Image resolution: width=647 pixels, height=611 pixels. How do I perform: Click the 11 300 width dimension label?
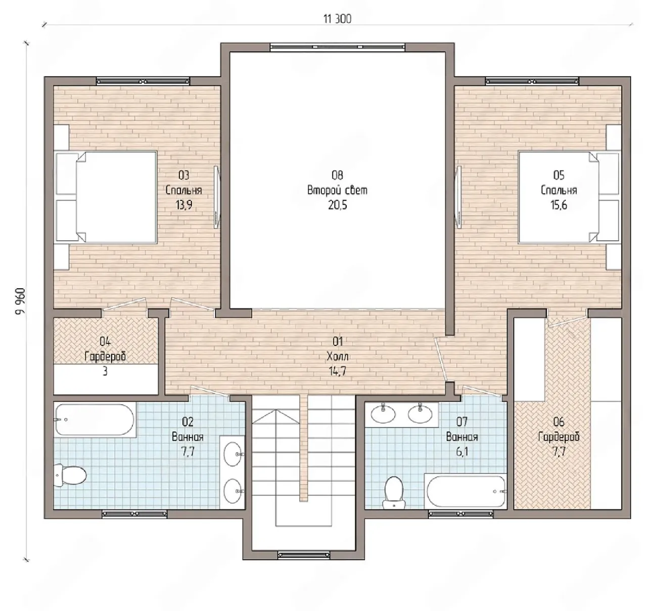[x=337, y=19]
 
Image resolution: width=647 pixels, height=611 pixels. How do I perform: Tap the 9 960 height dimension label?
[x=20, y=301]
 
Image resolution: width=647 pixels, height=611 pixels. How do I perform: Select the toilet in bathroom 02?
[x=70, y=475]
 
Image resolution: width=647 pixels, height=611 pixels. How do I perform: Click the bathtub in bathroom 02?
[x=95, y=420]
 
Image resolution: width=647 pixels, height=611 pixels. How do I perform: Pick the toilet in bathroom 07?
[x=394, y=492]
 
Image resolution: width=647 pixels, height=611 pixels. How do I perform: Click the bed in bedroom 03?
[x=106, y=197]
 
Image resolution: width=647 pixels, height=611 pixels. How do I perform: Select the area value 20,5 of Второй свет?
[x=338, y=205]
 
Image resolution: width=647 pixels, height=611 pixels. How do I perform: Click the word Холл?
[x=338, y=357]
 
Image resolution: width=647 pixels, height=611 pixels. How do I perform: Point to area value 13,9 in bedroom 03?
[x=184, y=205]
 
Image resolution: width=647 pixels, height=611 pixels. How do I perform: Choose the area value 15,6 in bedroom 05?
[x=559, y=205]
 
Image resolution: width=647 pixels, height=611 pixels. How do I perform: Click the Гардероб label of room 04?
[x=105, y=357]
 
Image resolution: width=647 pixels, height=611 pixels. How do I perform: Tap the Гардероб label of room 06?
[x=559, y=437]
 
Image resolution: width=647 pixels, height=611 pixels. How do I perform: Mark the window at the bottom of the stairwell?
[x=304, y=554]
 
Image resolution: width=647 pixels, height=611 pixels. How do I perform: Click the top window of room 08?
[x=338, y=47]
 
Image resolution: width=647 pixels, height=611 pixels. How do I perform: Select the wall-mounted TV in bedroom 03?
[x=217, y=197]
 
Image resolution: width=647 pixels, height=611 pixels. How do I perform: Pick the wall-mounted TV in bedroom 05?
[x=458, y=197]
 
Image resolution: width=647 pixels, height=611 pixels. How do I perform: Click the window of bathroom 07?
[x=460, y=513]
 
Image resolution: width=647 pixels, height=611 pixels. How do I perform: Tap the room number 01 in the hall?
[x=338, y=341]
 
